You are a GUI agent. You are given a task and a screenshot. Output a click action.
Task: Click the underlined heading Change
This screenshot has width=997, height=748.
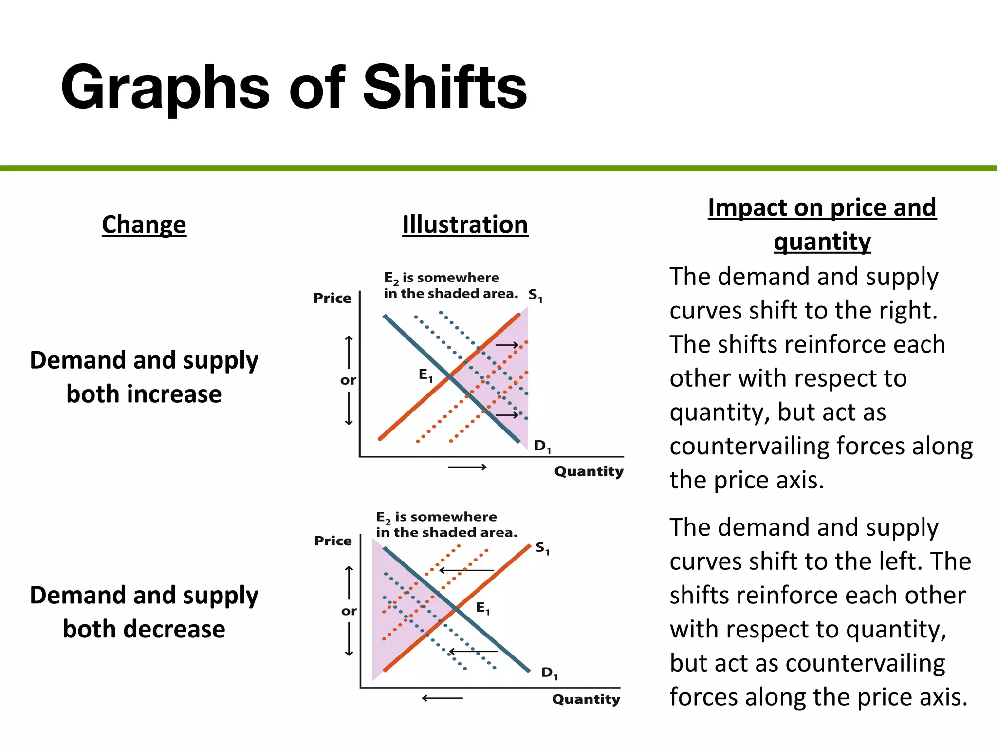(144, 224)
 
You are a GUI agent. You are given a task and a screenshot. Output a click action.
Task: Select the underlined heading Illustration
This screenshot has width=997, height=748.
(465, 224)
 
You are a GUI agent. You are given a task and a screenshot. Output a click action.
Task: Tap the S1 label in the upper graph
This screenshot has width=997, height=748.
(535, 295)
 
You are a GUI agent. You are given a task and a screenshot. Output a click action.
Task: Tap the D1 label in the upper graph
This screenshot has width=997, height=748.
(542, 446)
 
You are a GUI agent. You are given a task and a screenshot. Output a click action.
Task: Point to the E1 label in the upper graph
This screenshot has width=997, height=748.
(425, 375)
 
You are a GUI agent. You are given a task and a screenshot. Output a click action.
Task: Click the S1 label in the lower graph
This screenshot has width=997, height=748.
(542, 548)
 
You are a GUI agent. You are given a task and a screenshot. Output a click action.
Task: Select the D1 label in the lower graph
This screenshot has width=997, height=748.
(550, 673)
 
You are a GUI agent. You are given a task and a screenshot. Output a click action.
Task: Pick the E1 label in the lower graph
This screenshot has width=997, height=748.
(483, 608)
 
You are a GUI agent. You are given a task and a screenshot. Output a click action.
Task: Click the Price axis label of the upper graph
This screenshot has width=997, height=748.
(332, 298)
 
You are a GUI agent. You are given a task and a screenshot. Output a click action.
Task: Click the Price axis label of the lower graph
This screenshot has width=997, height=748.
(333, 541)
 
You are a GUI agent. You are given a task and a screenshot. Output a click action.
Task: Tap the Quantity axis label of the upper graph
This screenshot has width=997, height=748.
(589, 471)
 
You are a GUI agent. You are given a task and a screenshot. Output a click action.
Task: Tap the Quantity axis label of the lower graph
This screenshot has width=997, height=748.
(586, 699)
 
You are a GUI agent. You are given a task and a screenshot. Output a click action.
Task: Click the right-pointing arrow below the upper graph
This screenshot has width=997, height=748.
(467, 467)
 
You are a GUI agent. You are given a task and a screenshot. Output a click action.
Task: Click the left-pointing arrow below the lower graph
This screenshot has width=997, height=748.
(442, 698)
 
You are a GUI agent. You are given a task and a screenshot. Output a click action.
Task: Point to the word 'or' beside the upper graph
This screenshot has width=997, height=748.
(348, 380)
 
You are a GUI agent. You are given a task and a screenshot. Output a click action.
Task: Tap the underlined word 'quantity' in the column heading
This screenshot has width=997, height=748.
(822, 242)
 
